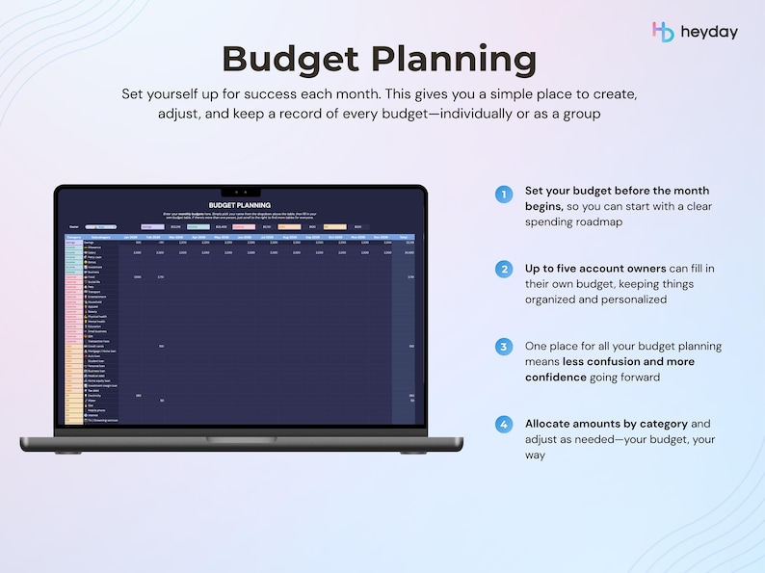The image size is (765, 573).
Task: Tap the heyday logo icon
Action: (x=663, y=32)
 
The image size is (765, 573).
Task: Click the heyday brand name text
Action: (x=709, y=32)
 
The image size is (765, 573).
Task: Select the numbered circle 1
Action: (x=504, y=195)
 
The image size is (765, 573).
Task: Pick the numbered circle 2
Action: (x=504, y=269)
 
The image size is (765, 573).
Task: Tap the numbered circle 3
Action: (x=504, y=346)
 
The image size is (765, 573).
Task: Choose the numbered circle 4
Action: (x=504, y=424)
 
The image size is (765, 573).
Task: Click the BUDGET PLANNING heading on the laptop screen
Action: (x=240, y=205)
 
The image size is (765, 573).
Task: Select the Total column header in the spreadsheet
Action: (x=404, y=237)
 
